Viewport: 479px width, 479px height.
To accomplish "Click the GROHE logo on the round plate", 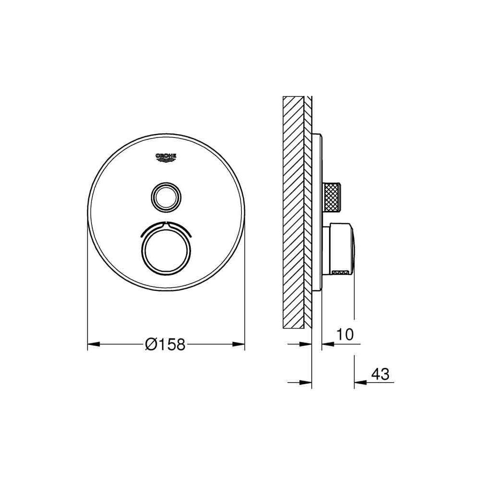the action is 166,157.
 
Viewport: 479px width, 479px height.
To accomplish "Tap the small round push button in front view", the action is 166,197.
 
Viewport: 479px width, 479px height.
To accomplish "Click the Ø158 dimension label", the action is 165,344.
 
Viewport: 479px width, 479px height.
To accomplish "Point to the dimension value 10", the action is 345,334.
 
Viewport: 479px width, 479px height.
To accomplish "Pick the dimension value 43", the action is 380,374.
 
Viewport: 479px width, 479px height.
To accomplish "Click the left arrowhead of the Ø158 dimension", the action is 94,344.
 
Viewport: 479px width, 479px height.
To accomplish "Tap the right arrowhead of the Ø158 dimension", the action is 239,344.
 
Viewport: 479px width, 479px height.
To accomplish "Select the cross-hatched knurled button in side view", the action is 331,197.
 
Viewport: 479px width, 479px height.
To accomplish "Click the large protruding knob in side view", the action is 339,249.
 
